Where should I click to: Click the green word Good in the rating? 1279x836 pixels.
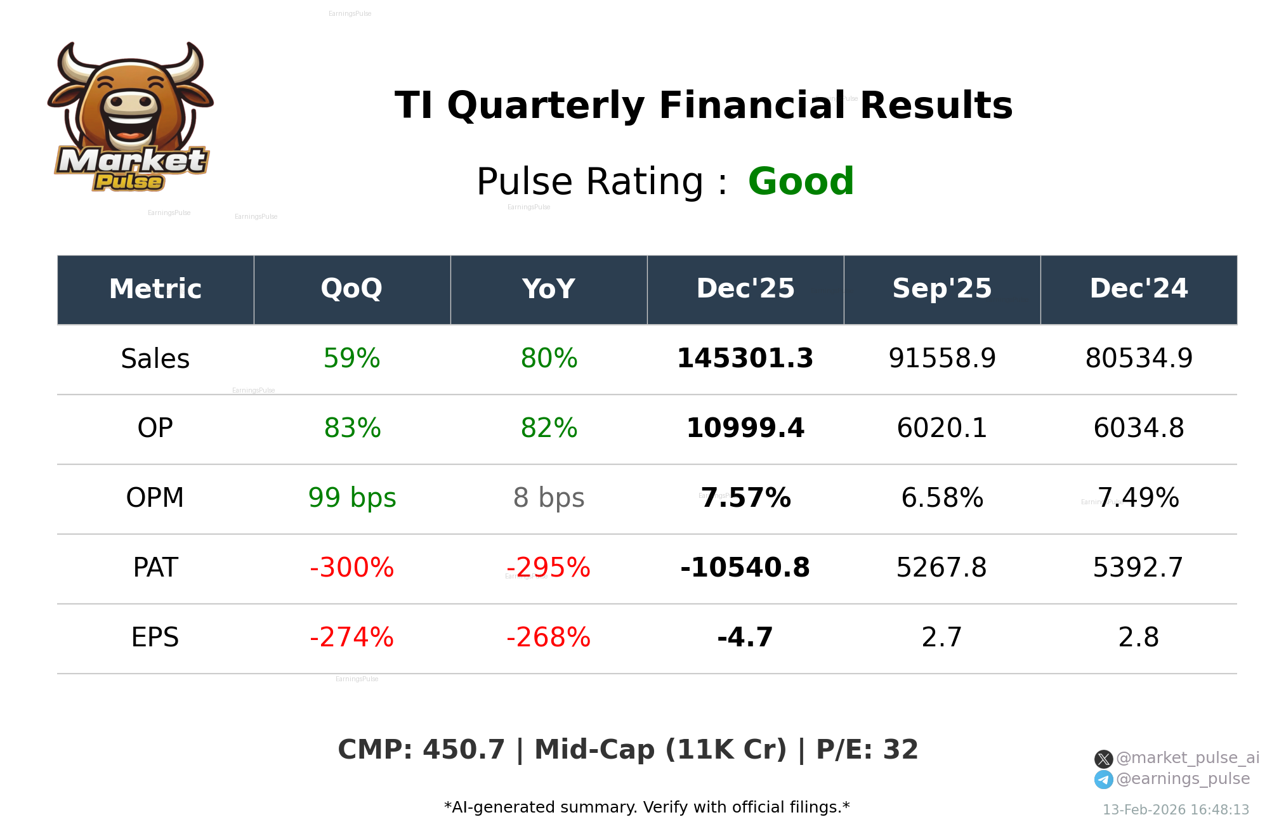[x=801, y=181]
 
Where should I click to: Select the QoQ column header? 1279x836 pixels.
[x=351, y=289]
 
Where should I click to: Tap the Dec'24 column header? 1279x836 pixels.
[x=1138, y=289]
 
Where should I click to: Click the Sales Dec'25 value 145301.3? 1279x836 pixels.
[x=745, y=358]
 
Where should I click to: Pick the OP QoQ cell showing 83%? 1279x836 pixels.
[x=352, y=428]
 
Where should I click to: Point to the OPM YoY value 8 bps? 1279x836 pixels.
[x=549, y=498]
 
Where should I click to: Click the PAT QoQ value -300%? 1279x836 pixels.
[x=351, y=568]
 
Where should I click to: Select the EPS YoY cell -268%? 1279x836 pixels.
[x=548, y=637]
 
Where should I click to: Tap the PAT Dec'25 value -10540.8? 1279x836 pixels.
[x=745, y=568]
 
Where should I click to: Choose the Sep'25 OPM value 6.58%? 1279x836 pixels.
[x=942, y=498]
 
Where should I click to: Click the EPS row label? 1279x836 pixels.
[x=155, y=637]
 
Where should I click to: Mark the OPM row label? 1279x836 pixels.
[x=155, y=498]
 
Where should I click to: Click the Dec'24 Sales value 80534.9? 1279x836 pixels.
[x=1139, y=358]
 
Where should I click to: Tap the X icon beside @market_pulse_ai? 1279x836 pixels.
[x=1103, y=759]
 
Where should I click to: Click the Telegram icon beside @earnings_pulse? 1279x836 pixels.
[x=1103, y=780]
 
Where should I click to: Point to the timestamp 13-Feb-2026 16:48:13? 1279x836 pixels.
[x=1176, y=810]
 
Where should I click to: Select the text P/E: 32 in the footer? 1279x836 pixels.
[x=867, y=750]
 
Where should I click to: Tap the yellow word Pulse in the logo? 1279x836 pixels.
[x=129, y=182]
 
